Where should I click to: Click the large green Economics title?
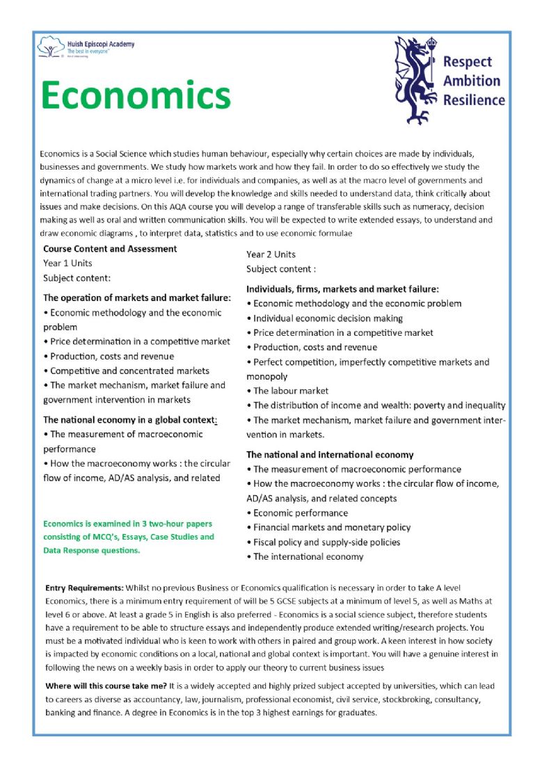coord(136,94)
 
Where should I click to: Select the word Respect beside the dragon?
coord(467,62)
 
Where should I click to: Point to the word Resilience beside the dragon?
coord(474,99)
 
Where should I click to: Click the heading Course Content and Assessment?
coord(110,249)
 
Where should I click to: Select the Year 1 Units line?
coord(67,263)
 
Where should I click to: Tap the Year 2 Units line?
coord(271,255)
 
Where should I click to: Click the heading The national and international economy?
coord(330,455)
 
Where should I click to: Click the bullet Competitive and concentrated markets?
coord(129,371)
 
